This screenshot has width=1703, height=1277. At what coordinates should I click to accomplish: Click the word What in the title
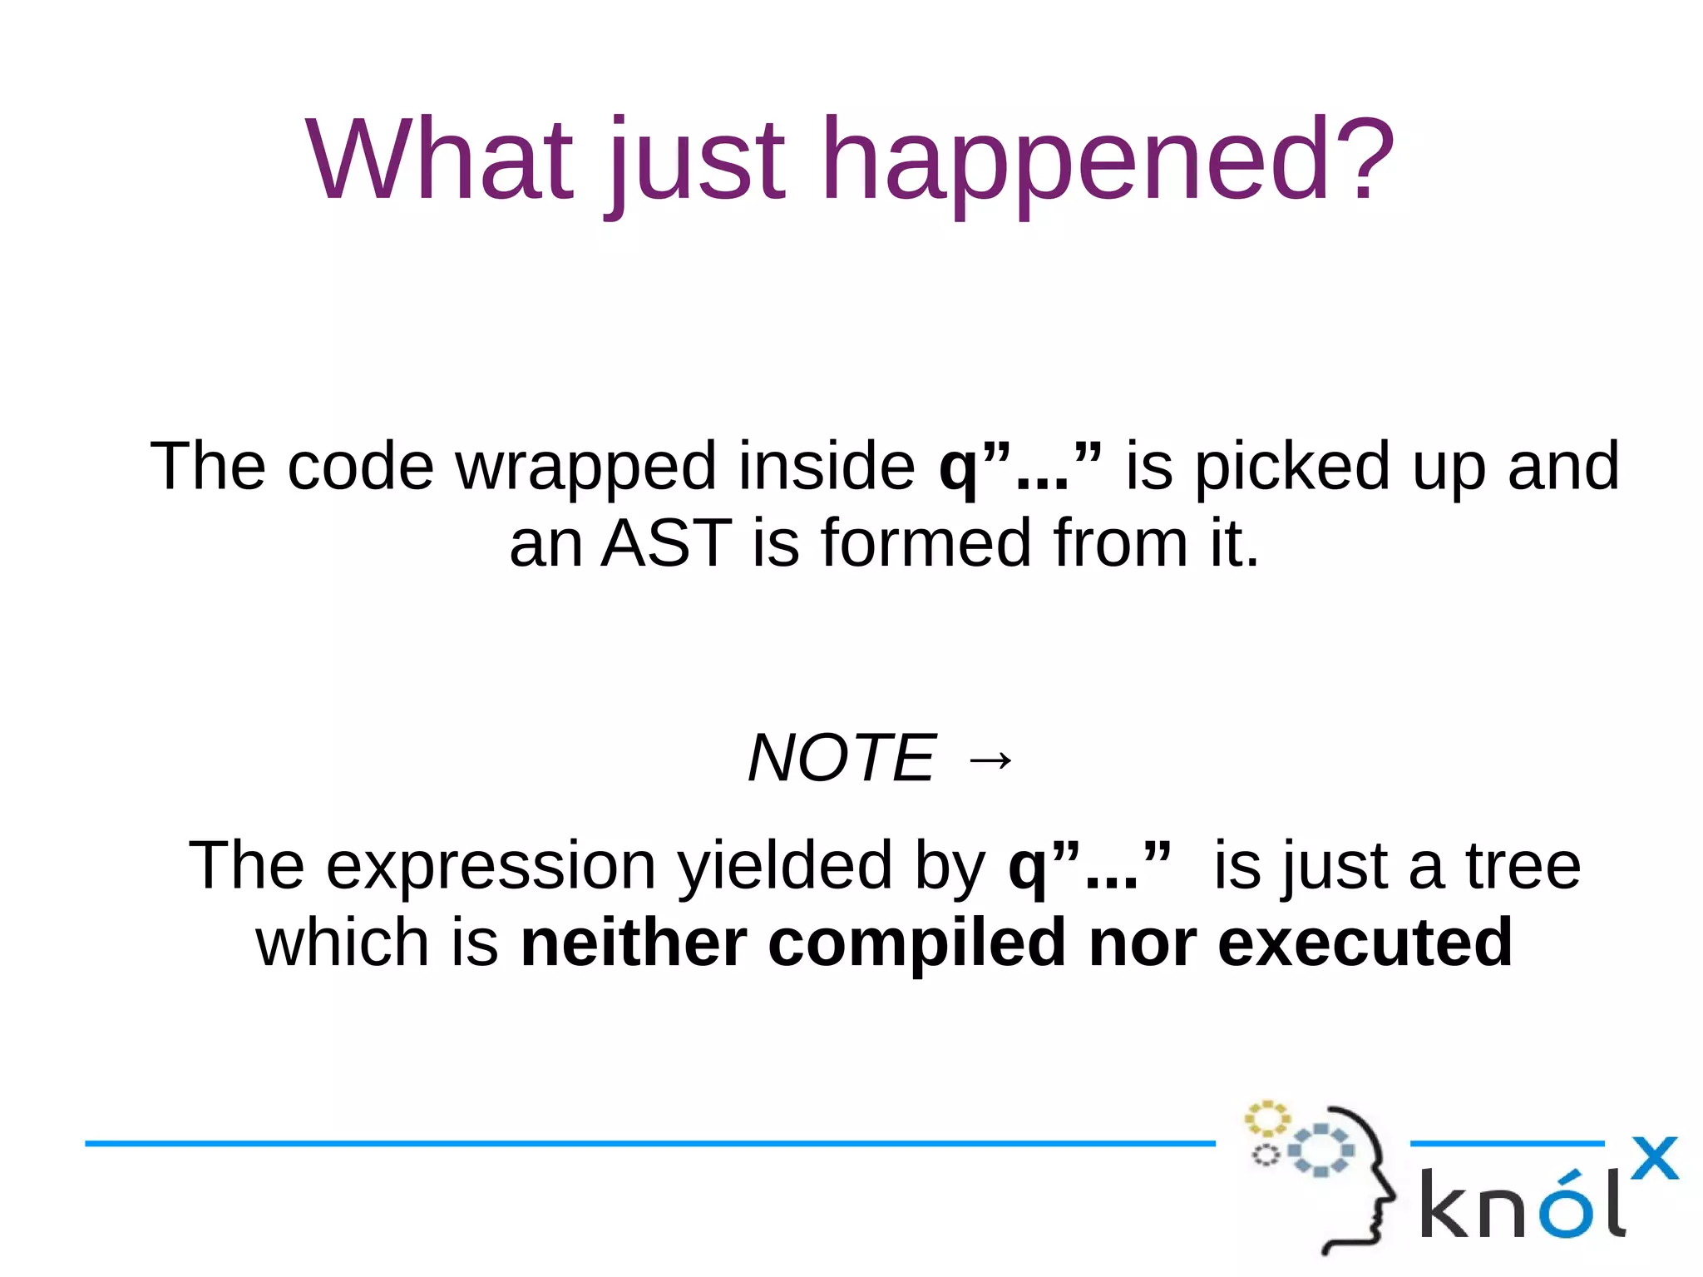439,160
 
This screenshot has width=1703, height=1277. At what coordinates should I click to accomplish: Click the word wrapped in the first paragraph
585,468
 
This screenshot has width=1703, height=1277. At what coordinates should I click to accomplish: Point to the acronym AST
665,543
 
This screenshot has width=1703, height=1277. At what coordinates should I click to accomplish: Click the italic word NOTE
842,758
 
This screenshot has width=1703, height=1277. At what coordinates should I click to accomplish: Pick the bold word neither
634,943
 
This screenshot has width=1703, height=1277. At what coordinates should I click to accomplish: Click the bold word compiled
916,944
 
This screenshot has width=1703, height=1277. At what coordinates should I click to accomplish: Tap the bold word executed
1365,943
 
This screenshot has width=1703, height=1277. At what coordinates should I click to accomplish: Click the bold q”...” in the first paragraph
1020,468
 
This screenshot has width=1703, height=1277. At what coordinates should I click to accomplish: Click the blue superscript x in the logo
1654,1158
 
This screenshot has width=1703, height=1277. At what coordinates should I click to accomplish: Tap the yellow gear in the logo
1266,1119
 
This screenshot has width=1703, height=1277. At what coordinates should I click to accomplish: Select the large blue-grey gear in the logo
1321,1151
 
